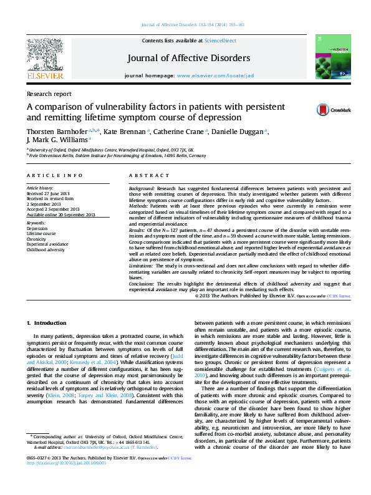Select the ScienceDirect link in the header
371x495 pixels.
pos(220,40)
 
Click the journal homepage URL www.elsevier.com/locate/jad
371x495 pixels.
pos(215,75)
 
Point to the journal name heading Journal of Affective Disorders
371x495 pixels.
pos(189,58)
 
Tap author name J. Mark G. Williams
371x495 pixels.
pos(56,140)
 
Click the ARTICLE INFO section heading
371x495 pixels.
pos(54,176)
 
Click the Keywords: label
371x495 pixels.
pos(37,223)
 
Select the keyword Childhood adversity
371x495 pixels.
pos(46,249)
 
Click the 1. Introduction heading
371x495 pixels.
pos(47,323)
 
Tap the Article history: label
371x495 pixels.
pos(40,188)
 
